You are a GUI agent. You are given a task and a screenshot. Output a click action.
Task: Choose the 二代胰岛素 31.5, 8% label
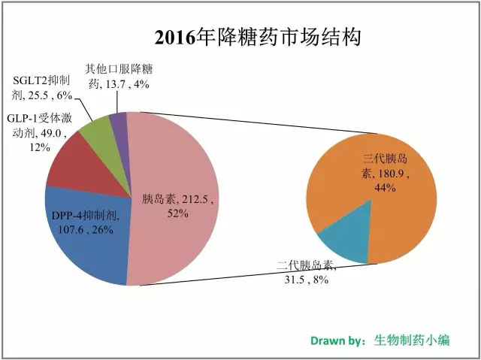point(304,274)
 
